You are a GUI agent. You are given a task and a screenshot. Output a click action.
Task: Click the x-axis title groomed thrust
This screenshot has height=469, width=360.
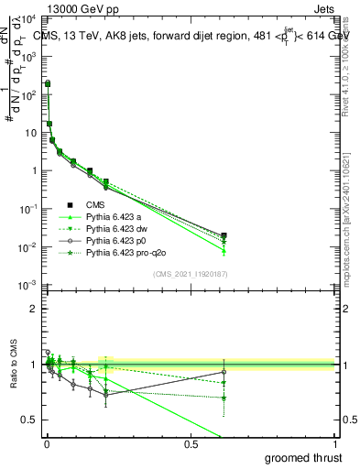click(305, 457)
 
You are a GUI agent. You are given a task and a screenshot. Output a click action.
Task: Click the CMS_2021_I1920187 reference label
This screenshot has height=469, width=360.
click(190, 274)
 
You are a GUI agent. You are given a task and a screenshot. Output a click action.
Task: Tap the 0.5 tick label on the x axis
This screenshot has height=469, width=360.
click(191, 444)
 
